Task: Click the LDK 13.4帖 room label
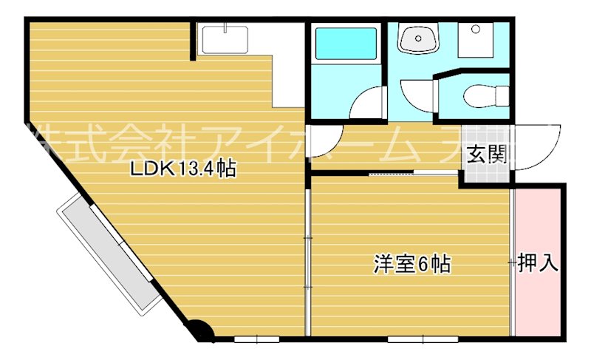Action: (182, 169)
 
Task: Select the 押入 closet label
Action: (537, 262)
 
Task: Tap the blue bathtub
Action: (346, 44)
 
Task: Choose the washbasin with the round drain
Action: (419, 39)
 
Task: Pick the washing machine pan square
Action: (482, 41)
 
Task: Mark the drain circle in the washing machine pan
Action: (475, 29)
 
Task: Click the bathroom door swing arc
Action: (366, 104)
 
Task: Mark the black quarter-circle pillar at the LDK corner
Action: (199, 330)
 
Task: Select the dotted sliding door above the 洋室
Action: (413, 173)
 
